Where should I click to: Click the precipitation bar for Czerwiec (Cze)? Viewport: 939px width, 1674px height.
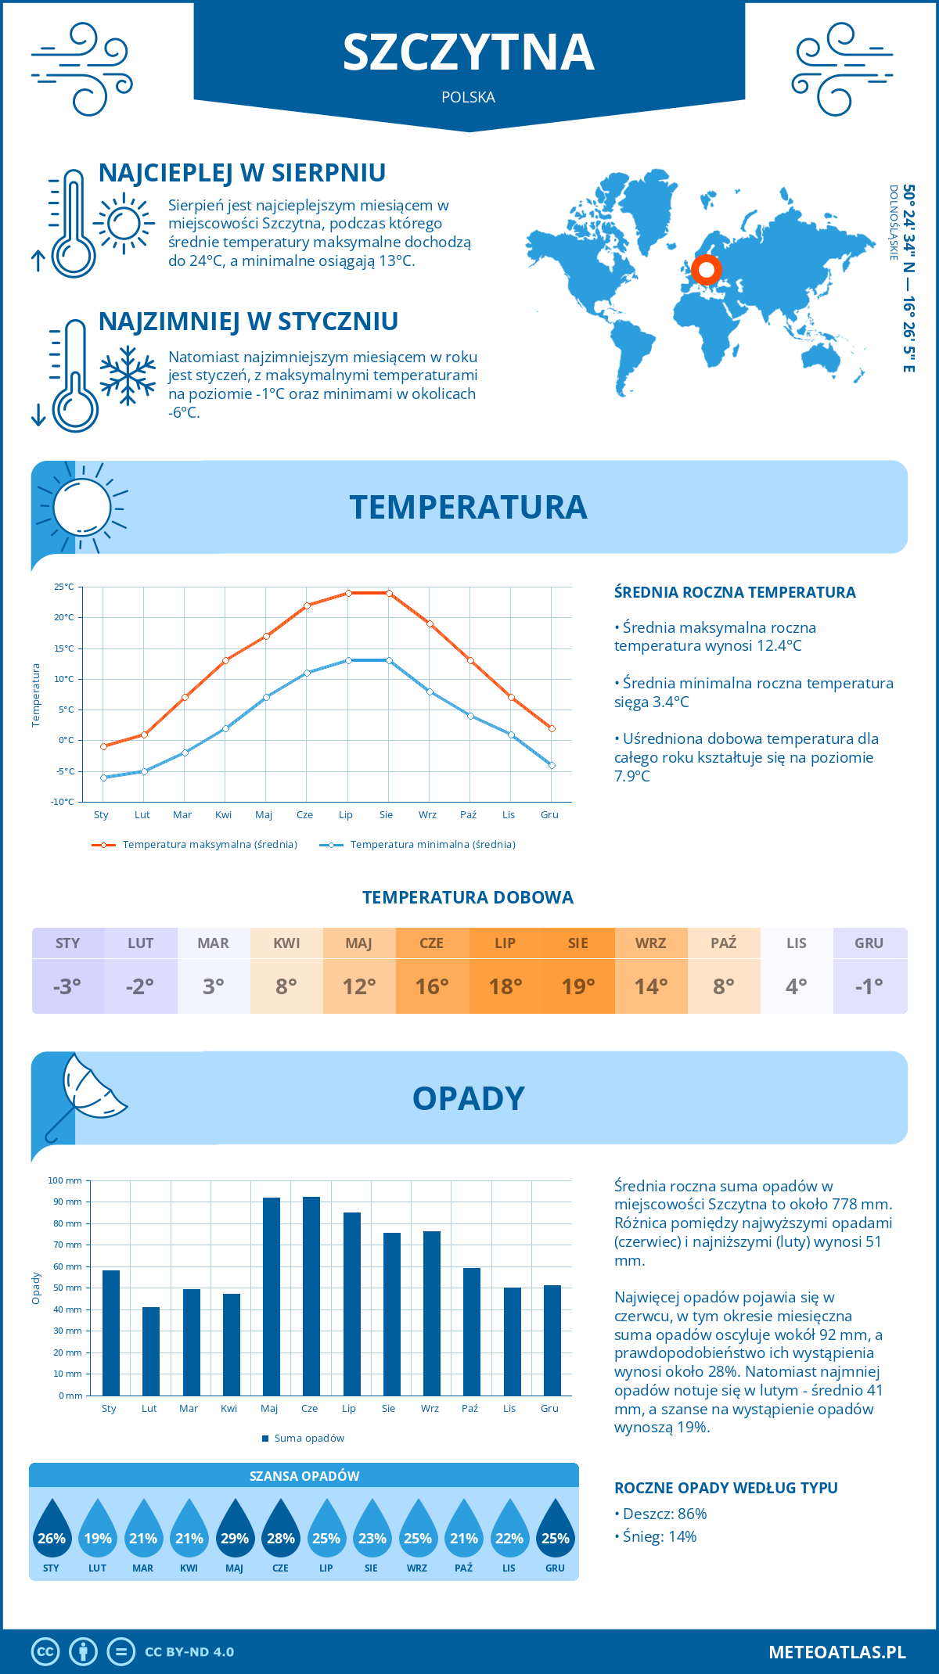pyautogui.click(x=311, y=1296)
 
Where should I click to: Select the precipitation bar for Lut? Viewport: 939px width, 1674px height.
pyautogui.click(x=151, y=1351)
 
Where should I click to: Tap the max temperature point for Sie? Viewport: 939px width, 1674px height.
pyautogui.click(x=389, y=593)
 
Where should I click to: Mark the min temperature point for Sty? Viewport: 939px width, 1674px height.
pyautogui.click(x=103, y=778)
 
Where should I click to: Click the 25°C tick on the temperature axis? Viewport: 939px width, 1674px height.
pyautogui.click(x=64, y=587)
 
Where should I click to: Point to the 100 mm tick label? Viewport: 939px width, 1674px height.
pyautogui.click(x=65, y=1180)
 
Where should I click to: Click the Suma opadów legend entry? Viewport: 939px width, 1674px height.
pyautogui.click(x=309, y=1438)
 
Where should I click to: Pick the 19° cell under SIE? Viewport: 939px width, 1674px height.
pyautogui.click(x=578, y=986)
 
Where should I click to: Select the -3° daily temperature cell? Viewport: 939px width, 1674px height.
pyautogui.click(x=67, y=986)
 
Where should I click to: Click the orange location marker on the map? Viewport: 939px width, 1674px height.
pyautogui.click(x=707, y=271)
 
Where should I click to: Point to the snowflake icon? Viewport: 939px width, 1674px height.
pyautogui.click(x=128, y=376)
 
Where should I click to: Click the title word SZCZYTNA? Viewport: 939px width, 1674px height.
pyautogui.click(x=469, y=52)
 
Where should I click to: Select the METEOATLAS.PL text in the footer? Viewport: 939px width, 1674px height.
pyautogui.click(x=837, y=1652)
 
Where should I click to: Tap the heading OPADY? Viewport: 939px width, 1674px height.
pyautogui.click(x=468, y=1098)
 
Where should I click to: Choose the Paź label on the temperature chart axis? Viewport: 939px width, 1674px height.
pyautogui.click(x=468, y=815)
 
